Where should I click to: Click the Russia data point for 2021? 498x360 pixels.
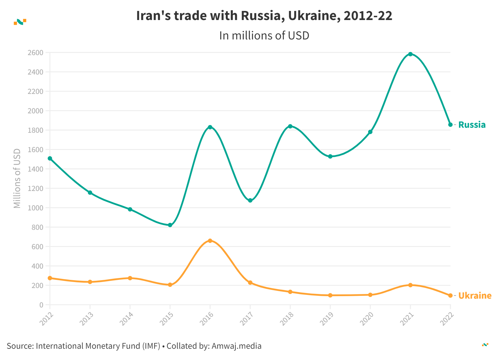click(x=410, y=54)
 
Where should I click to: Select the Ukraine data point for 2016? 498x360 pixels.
click(x=210, y=241)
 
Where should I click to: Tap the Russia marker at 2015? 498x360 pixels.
click(x=170, y=225)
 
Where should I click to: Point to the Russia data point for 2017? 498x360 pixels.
click(x=250, y=200)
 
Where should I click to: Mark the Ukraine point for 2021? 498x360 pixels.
click(x=410, y=285)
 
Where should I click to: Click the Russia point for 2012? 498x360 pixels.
click(x=50, y=158)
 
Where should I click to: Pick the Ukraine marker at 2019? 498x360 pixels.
click(x=330, y=295)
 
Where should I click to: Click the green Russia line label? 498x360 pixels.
click(x=472, y=125)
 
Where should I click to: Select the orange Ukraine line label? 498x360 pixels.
click(x=475, y=296)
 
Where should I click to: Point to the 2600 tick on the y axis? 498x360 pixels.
click(x=35, y=53)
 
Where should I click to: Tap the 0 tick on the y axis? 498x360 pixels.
click(x=41, y=305)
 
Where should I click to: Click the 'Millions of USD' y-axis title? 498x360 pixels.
click(x=17, y=178)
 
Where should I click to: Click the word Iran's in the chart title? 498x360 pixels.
click(x=153, y=16)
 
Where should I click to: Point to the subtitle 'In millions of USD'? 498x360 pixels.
click(x=264, y=36)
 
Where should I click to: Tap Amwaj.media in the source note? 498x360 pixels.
click(x=236, y=346)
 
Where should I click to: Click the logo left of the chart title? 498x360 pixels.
click(x=20, y=22)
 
